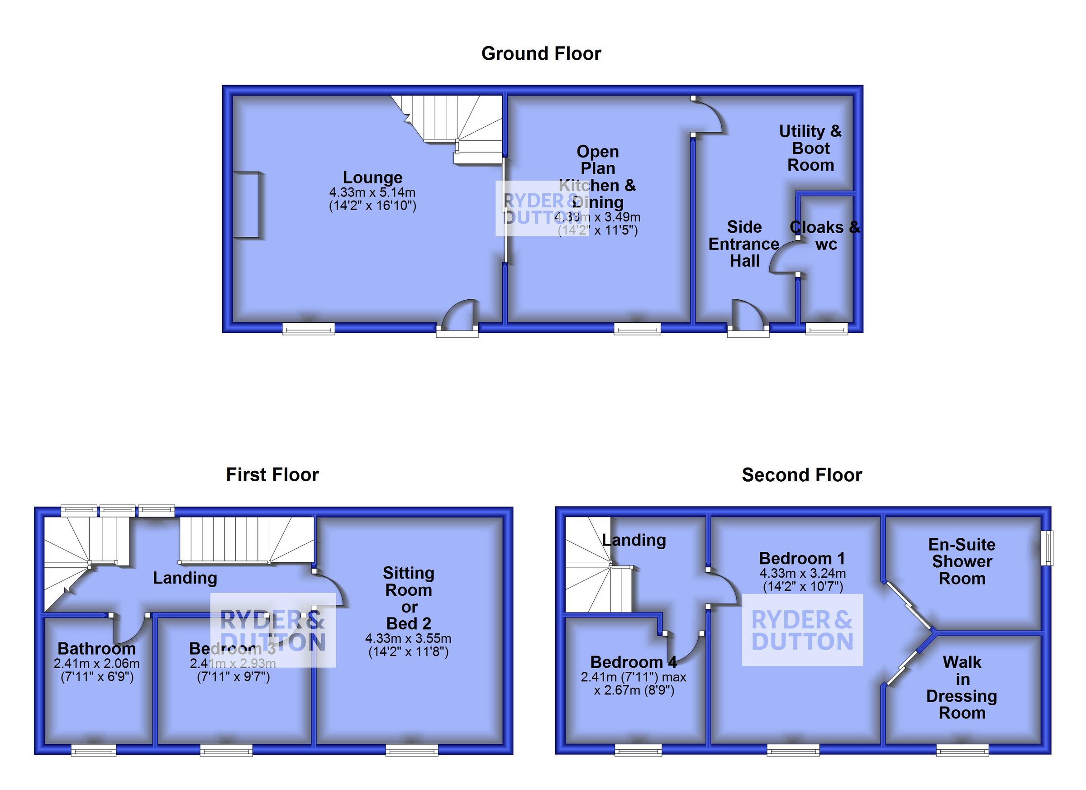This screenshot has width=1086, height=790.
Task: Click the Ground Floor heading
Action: [541, 54]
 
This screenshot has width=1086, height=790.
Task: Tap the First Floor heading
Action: [272, 475]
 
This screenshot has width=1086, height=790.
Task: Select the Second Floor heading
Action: [802, 475]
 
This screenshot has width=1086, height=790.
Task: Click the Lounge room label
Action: [372, 177]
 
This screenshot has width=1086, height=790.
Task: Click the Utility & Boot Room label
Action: [810, 148]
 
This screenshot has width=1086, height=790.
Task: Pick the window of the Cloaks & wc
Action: [826, 329]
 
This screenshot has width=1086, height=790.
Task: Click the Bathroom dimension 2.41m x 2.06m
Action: [97, 664]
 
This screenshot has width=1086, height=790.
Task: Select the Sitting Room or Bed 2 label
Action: [409, 598]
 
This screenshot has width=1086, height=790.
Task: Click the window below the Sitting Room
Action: [412, 750]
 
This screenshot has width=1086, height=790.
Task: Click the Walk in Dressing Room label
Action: [962, 688]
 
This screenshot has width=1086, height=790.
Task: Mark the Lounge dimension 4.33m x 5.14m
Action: [372, 192]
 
